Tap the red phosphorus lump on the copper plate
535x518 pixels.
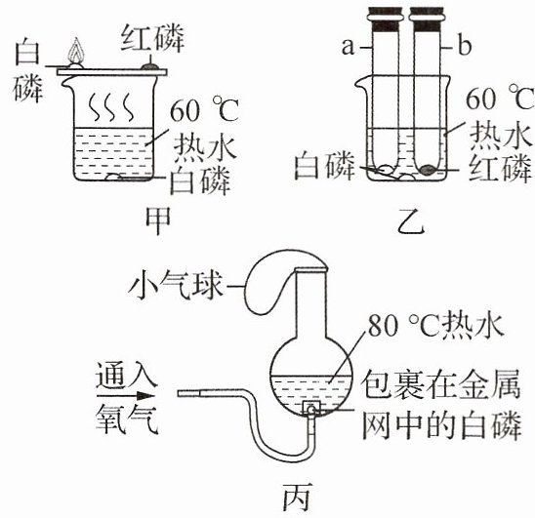150,66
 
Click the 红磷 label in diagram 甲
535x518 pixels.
153,37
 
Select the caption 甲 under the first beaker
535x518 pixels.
158,220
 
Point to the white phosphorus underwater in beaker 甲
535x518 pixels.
115,177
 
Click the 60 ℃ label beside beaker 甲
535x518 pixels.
204,110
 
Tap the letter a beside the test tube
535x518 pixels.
348,47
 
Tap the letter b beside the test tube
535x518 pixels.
465,46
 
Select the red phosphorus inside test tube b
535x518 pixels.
428,170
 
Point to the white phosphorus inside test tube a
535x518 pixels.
386,170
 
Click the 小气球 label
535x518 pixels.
176,285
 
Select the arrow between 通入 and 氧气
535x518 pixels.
126,396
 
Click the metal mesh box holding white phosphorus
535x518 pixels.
311,408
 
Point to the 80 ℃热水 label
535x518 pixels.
435,325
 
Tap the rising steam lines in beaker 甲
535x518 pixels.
111,107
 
